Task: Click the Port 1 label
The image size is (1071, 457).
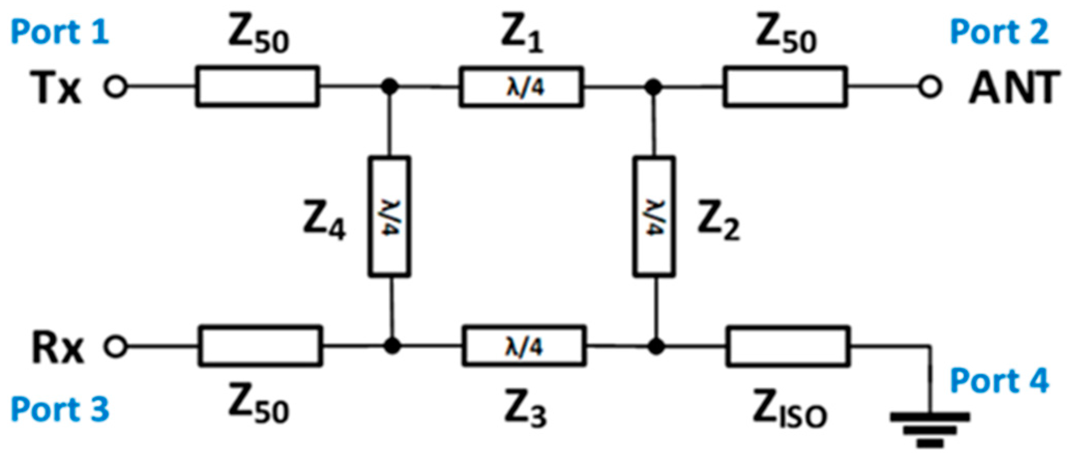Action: click(x=59, y=32)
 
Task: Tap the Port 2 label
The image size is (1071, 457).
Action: click(x=999, y=32)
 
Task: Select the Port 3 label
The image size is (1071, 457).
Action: click(x=59, y=409)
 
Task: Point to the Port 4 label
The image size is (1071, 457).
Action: click(x=999, y=381)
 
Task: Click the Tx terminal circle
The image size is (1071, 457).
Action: click(x=115, y=87)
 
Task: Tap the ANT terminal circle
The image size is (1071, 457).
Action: click(x=930, y=87)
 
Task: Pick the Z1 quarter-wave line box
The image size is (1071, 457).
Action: click(x=521, y=87)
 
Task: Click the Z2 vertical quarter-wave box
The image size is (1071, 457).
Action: click(x=653, y=217)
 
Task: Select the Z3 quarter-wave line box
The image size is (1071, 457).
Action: click(x=524, y=346)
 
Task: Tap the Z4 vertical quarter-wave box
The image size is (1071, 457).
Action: click(x=390, y=217)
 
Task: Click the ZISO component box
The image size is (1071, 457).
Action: click(x=787, y=346)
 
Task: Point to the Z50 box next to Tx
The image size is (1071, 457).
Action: click(x=257, y=87)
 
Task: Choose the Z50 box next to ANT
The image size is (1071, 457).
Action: click(x=785, y=87)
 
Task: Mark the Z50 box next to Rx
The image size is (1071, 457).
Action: click(x=260, y=346)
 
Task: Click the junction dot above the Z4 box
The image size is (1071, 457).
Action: click(x=390, y=87)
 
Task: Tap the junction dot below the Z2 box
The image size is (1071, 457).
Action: click(x=656, y=346)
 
